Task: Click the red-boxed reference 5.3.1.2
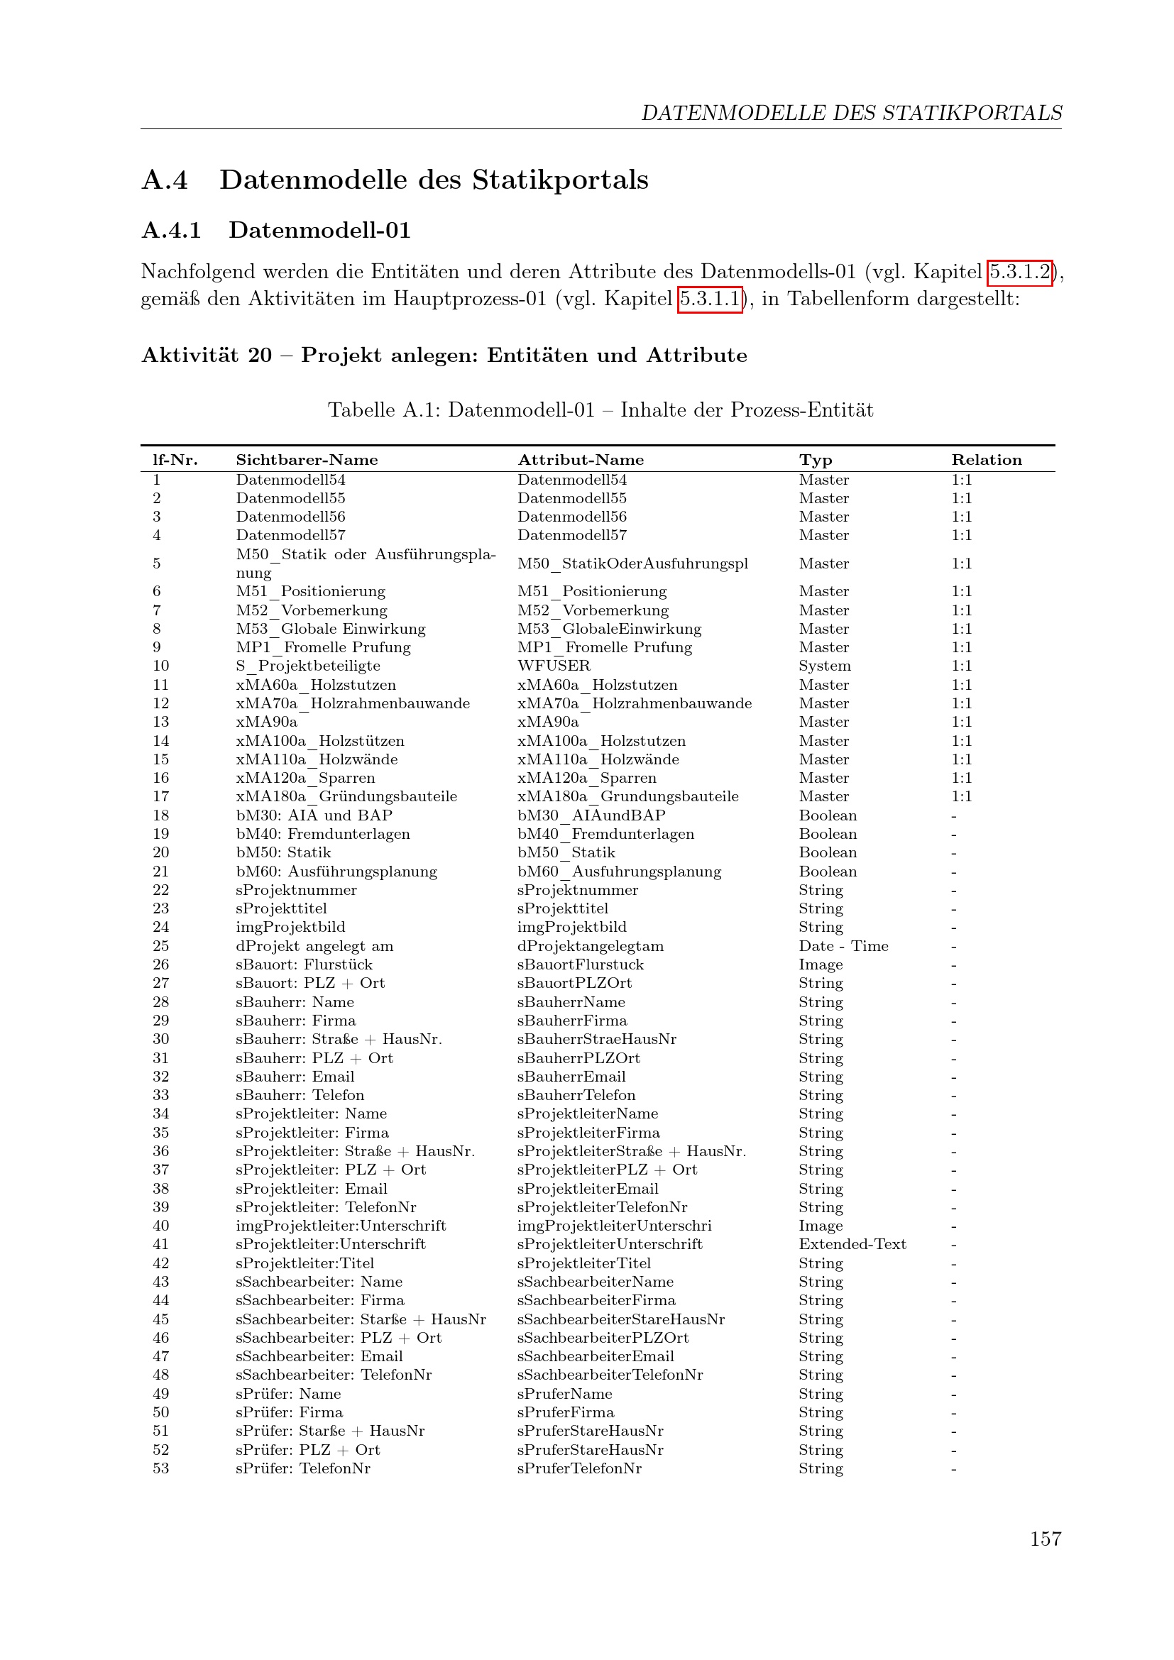[1020, 273]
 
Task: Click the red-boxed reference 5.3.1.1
[711, 299]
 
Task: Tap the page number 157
[1045, 1539]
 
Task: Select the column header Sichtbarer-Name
[307, 460]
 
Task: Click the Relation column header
[986, 460]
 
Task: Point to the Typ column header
[816, 460]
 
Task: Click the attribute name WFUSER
[554, 666]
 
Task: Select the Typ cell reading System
[824, 666]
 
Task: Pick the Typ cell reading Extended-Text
[852, 1244]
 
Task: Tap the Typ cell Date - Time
[843, 947]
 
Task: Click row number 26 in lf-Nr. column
[160, 964]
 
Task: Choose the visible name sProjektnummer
[297, 890]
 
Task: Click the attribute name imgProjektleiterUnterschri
[614, 1226]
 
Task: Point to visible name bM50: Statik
[283, 852]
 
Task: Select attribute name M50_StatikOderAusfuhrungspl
[632, 564]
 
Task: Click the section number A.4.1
[171, 231]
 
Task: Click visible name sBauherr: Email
[295, 1077]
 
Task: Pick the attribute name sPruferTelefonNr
[579, 1468]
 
